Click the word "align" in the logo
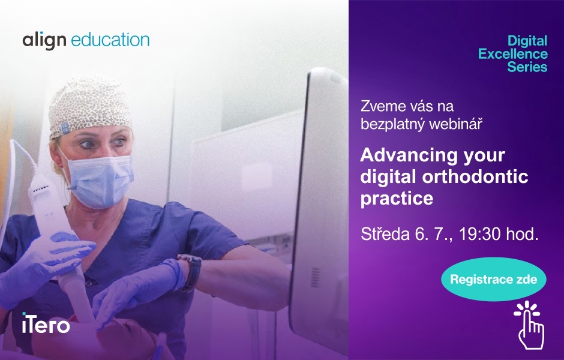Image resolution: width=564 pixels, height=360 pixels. (x=44, y=41)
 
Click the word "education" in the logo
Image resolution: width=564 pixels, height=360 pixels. (x=110, y=40)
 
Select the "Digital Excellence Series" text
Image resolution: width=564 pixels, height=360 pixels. (x=513, y=53)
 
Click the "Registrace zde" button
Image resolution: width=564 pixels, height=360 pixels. (x=493, y=280)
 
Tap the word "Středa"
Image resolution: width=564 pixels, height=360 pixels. (x=385, y=234)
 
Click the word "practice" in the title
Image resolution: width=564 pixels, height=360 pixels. (x=397, y=199)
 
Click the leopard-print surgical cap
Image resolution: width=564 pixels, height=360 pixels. (x=90, y=106)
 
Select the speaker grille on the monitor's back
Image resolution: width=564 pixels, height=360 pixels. (x=315, y=277)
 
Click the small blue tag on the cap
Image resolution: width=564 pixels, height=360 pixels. (x=65, y=128)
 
